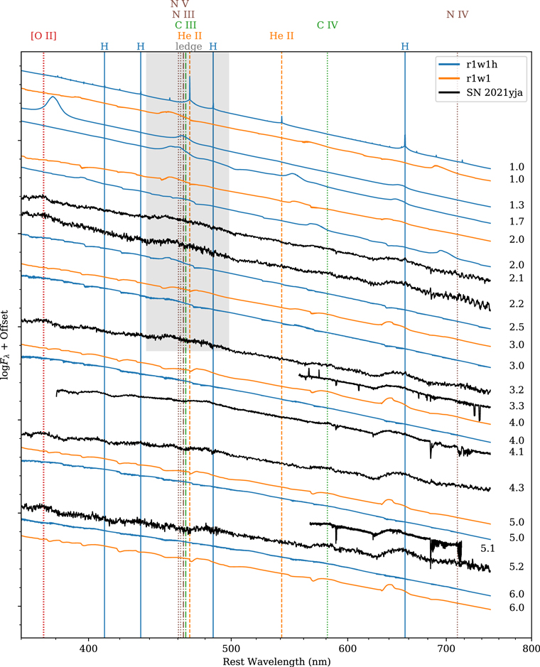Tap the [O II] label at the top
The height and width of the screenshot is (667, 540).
pos(44,36)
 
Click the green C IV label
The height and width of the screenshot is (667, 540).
pos(327,25)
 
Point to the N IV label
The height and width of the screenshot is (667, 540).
pos(457,14)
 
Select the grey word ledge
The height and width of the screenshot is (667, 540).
pos(188,46)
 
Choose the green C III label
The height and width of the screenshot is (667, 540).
pos(185,25)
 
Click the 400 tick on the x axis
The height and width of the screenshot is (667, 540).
pos(87,648)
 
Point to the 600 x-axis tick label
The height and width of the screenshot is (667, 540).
pos(347,648)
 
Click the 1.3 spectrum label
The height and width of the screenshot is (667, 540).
pos(517,205)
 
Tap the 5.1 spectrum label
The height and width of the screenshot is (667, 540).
pos(488,548)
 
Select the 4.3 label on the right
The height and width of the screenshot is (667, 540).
pos(517,489)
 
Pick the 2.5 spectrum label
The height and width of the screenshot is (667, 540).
pos(517,327)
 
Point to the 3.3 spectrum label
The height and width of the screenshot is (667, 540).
pos(517,406)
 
